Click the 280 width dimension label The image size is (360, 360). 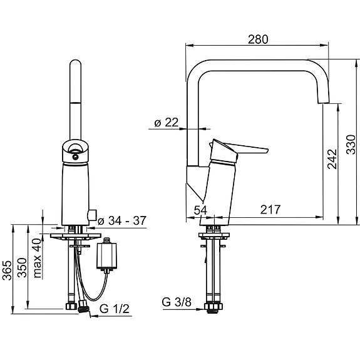[x=258, y=39]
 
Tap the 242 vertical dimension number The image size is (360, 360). [x=332, y=159]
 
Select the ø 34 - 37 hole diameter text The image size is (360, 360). [x=124, y=220]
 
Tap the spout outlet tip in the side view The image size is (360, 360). [x=324, y=98]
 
